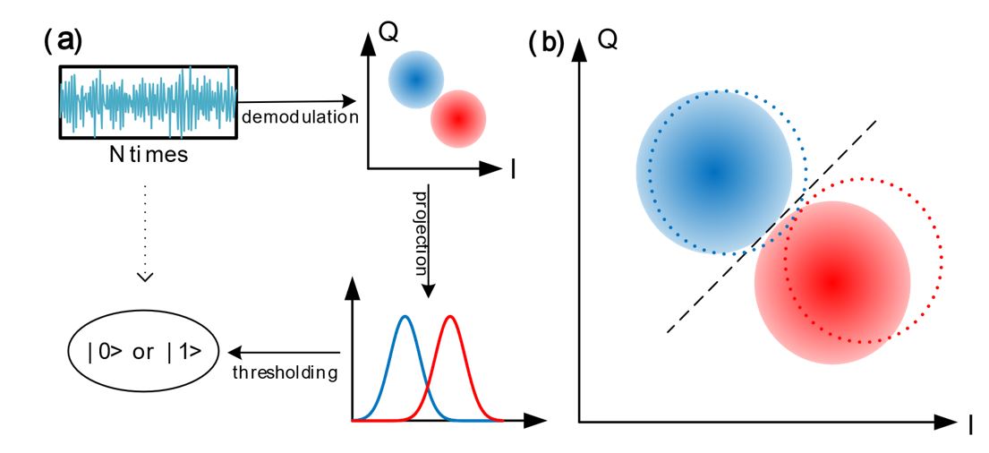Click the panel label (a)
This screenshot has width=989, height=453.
click(x=62, y=41)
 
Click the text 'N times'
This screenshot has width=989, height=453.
click(x=148, y=155)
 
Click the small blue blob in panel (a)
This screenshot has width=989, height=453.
click(x=415, y=78)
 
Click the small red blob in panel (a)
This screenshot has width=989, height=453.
click(x=457, y=117)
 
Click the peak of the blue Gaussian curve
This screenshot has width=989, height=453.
click(x=405, y=316)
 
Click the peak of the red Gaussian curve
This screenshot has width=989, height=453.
click(x=450, y=316)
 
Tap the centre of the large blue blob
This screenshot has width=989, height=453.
click(x=713, y=170)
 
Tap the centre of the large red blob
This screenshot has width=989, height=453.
click(x=832, y=282)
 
